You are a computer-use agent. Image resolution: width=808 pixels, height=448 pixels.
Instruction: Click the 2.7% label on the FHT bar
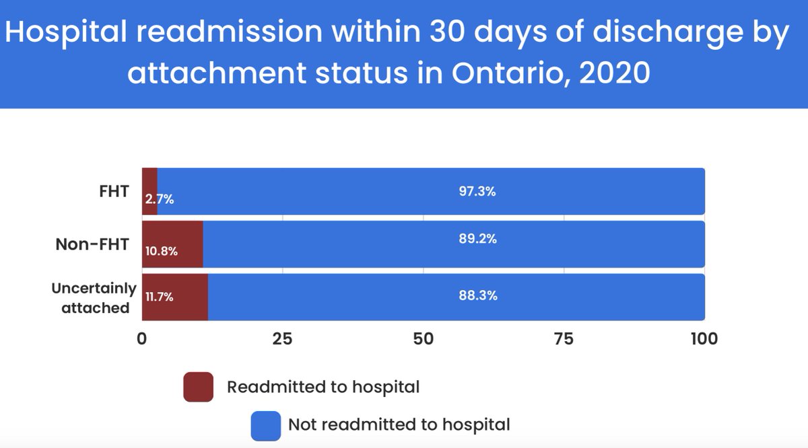click(160, 199)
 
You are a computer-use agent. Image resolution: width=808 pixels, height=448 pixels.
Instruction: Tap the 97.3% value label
click(477, 192)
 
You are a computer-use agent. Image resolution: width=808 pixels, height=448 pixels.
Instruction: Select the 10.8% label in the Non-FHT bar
click(162, 252)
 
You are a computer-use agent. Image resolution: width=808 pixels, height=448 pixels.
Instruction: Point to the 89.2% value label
click(477, 238)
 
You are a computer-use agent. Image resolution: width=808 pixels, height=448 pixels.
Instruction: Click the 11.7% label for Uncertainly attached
click(160, 296)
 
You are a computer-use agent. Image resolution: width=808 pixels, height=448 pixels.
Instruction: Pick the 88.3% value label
click(477, 295)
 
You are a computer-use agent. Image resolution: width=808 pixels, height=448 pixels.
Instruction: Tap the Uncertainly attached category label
click(95, 298)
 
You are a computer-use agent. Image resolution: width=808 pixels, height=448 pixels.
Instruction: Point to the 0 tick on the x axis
click(142, 338)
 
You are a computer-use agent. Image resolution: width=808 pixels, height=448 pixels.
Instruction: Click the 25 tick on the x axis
click(282, 338)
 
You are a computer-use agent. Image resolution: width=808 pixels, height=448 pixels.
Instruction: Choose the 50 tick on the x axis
click(423, 338)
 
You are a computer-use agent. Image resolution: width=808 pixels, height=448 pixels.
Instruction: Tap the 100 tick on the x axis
click(703, 338)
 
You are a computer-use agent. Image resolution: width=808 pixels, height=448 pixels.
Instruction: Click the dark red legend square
click(198, 387)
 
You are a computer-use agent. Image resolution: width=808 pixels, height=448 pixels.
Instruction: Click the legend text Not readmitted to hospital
click(399, 424)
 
